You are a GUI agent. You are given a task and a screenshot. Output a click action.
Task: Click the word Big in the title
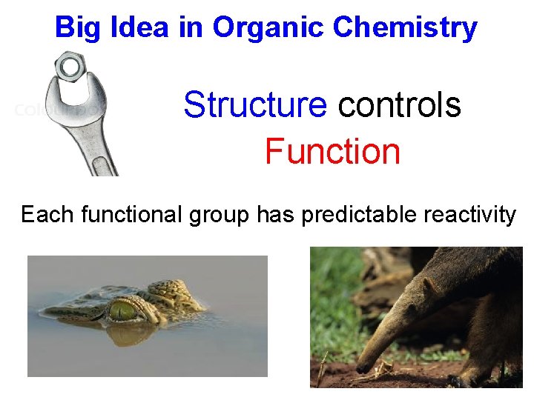tap(73, 27)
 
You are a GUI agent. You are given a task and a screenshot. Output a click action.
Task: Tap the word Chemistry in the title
tap(405, 27)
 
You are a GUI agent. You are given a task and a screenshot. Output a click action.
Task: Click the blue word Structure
tap(254, 105)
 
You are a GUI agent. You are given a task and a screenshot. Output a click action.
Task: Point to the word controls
tap(399, 105)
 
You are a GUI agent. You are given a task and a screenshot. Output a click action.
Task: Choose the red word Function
tap(332, 152)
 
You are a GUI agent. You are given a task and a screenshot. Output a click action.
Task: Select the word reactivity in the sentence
tap(470, 215)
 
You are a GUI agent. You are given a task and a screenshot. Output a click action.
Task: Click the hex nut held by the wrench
tap(70, 67)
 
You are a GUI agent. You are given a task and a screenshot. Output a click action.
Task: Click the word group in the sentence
tap(219, 216)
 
